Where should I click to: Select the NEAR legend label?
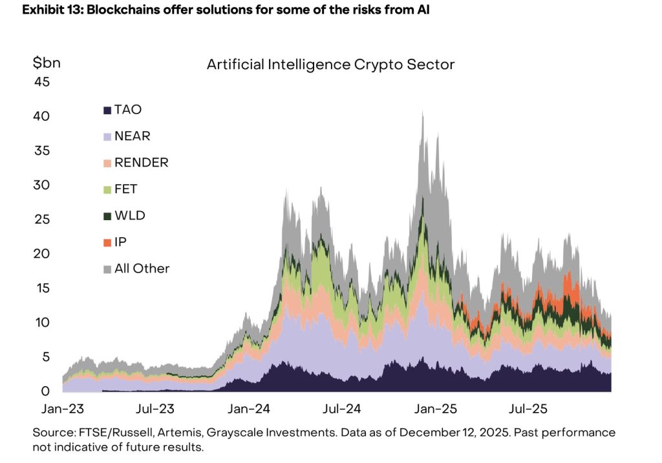[132, 136]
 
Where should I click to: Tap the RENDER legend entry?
[141, 163]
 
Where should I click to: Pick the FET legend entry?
[125, 189]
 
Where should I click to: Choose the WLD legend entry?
[129, 215]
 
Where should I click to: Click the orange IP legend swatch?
[107, 242]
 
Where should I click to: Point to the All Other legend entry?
[142, 268]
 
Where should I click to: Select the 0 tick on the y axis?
[45, 391]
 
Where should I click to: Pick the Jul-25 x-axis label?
[528, 409]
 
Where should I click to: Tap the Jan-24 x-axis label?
[248, 409]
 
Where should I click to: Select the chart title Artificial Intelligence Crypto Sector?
[330, 65]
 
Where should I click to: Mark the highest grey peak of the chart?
[422, 112]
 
